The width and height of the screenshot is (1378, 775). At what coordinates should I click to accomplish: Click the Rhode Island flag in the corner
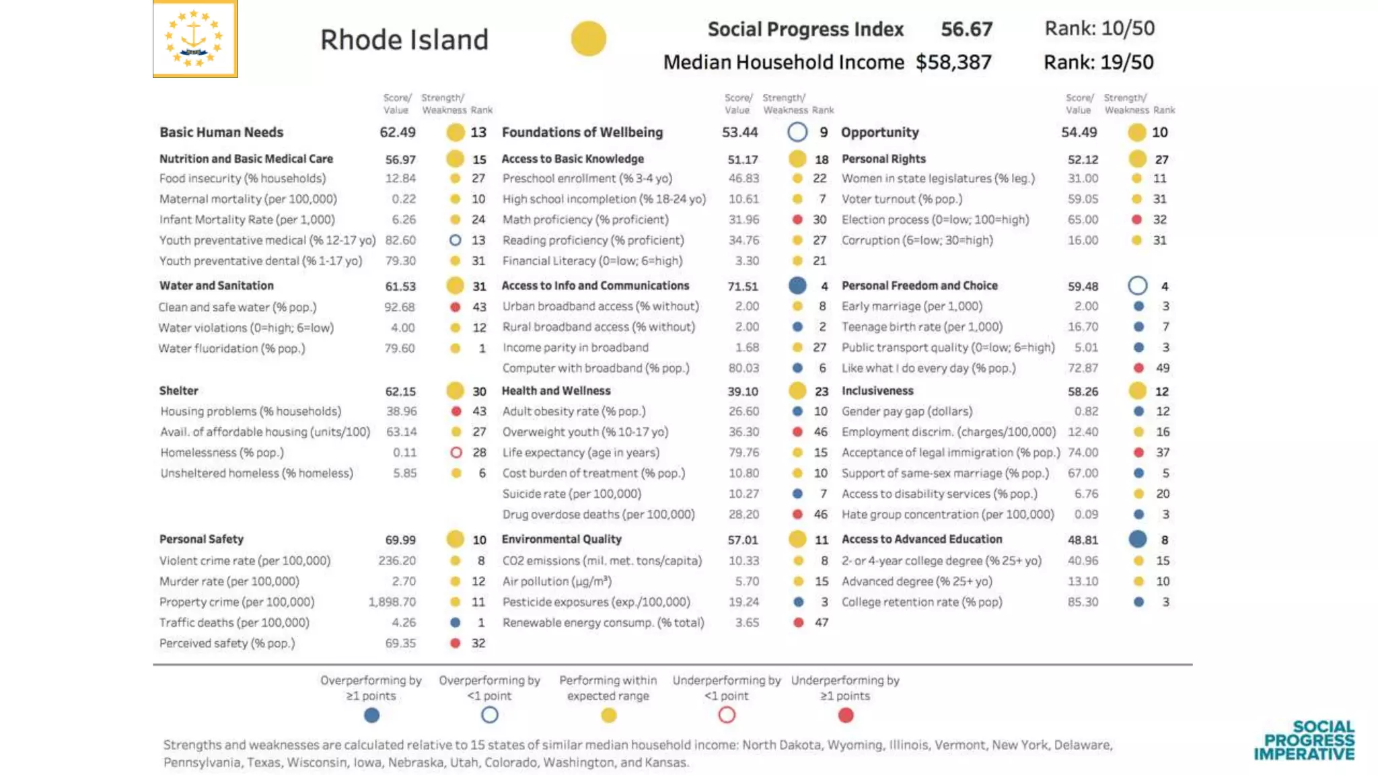(x=195, y=38)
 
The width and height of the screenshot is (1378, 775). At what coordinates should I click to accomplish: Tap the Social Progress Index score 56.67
(x=966, y=29)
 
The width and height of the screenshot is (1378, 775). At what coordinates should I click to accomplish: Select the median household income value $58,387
(x=953, y=63)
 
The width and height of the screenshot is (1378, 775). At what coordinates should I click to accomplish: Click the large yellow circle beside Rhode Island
(x=589, y=38)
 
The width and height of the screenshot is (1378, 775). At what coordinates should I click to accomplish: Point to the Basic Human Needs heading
(x=221, y=133)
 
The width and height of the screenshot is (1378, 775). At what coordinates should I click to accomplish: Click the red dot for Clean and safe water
(x=456, y=307)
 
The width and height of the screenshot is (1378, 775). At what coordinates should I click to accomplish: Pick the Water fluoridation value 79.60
(x=400, y=348)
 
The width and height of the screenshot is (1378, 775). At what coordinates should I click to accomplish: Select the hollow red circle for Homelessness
(x=456, y=453)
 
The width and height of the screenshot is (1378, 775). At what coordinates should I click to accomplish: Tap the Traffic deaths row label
(x=234, y=623)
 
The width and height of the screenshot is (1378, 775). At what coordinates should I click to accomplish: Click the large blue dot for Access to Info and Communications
(x=797, y=286)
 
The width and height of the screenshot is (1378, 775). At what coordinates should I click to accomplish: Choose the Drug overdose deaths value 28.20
(x=744, y=515)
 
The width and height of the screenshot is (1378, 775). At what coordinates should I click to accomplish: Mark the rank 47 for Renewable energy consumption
(x=821, y=623)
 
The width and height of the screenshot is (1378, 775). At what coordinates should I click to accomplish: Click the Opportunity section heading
(x=879, y=133)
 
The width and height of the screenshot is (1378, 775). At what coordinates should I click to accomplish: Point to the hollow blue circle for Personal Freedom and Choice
(x=1138, y=286)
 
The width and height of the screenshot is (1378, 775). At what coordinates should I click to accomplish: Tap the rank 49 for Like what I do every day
(x=1163, y=368)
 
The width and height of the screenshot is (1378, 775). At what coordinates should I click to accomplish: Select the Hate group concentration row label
(x=947, y=515)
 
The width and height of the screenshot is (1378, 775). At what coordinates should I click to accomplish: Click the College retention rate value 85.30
(x=1083, y=602)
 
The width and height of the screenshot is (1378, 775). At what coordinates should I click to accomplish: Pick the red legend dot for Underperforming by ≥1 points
(x=846, y=715)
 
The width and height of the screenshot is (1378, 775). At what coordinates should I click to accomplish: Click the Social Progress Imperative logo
(x=1304, y=740)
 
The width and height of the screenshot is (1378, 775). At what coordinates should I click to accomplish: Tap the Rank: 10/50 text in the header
(x=1099, y=28)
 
